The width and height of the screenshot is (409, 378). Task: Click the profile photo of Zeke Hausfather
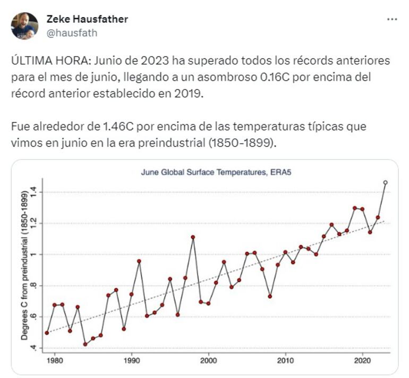point(24,26)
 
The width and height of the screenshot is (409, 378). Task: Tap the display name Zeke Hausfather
point(87,19)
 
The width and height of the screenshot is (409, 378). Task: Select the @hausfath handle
point(72,32)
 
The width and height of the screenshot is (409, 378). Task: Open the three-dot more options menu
point(392,19)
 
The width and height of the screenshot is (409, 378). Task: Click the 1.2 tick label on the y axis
point(33,223)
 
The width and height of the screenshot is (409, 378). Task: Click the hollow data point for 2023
point(385,182)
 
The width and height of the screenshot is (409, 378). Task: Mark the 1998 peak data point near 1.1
point(193,237)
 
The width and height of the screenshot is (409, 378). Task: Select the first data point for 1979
point(47,333)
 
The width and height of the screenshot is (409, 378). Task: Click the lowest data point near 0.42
point(85,345)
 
